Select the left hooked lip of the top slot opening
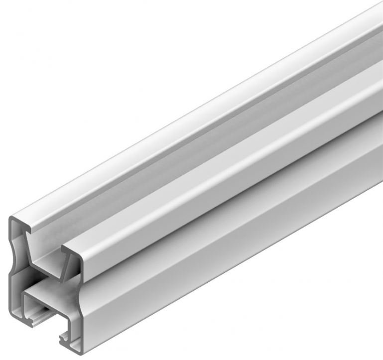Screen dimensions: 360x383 (30, 230)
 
